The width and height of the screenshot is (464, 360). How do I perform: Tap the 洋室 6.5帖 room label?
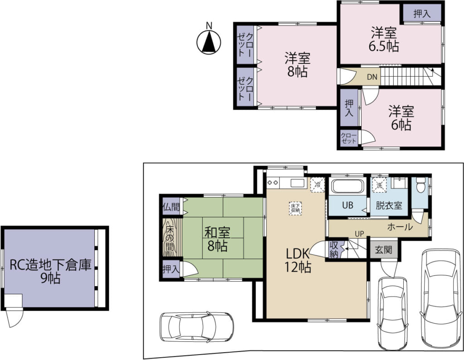pyautogui.click(x=384, y=39)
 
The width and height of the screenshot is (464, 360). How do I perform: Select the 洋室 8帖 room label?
pyautogui.click(x=297, y=65)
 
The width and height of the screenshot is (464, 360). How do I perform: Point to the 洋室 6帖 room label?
pyautogui.click(x=401, y=118)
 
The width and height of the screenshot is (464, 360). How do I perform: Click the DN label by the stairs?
pyautogui.click(x=372, y=77)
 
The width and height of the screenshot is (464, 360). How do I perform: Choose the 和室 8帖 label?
pyautogui.click(x=217, y=239)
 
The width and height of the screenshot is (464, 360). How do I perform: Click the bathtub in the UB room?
pyautogui.click(x=348, y=186)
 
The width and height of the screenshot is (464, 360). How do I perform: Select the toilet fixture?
pyautogui.click(x=420, y=185)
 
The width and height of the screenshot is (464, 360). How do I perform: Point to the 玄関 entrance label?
pyautogui.click(x=383, y=250)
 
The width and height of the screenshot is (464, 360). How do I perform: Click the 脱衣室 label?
pyautogui.click(x=389, y=205)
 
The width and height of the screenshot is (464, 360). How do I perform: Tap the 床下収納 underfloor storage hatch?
pyautogui.click(x=295, y=209)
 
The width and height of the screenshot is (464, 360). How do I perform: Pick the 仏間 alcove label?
pyautogui.click(x=171, y=207)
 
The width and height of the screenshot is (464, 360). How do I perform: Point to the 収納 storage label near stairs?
pyautogui.click(x=334, y=249)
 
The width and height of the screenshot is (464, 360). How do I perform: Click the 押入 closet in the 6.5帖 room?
pyautogui.click(x=422, y=14)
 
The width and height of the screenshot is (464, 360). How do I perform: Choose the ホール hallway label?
pyautogui.click(x=400, y=227)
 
